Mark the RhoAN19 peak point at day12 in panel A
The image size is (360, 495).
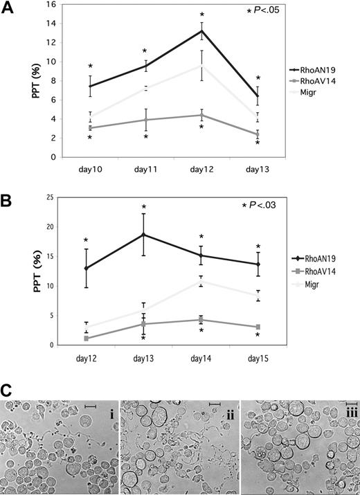[201, 30]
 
